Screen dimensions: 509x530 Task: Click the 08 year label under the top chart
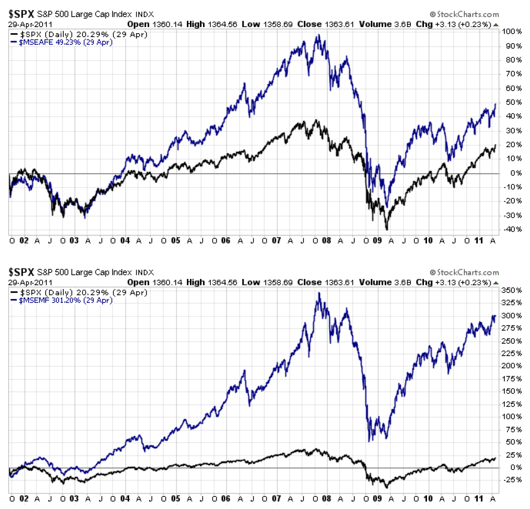point(327,241)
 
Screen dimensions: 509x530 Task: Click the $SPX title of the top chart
point(21,14)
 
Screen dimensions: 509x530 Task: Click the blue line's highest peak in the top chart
point(317,35)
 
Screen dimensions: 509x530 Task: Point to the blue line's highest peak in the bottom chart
point(318,293)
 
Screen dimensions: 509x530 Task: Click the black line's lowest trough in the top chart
point(387,229)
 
